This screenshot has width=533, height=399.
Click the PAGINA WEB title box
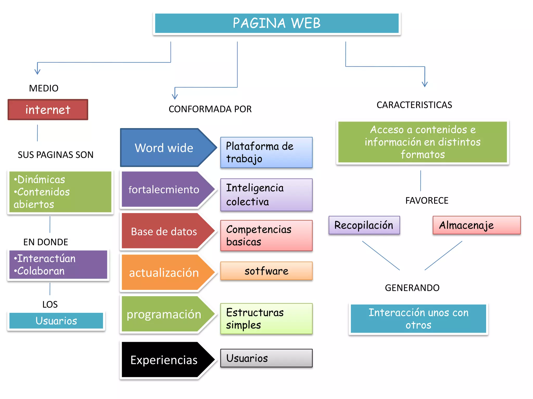coord(277,23)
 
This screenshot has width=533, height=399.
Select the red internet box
coord(48,110)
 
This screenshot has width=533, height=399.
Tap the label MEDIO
coord(44,88)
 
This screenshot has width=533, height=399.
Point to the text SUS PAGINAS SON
coord(55,155)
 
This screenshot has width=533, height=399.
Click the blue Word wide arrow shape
coord(164,148)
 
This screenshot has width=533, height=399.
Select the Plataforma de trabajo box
coord(266,152)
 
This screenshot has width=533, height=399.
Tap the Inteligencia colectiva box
coord(266,195)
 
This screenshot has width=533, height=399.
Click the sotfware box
coord(266,271)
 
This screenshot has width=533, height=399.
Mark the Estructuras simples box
coord(266,319)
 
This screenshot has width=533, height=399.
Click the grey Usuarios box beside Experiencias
coord(266,358)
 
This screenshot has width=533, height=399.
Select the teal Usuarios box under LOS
coord(56,321)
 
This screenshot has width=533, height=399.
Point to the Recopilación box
coord(364,225)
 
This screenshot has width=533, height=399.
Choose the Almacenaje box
coord(476,225)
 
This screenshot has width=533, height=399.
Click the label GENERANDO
coord(412,288)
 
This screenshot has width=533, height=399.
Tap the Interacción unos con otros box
coord(418,319)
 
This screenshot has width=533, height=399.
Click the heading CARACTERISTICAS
coord(414,105)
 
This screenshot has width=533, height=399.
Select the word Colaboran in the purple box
coord(41,271)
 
